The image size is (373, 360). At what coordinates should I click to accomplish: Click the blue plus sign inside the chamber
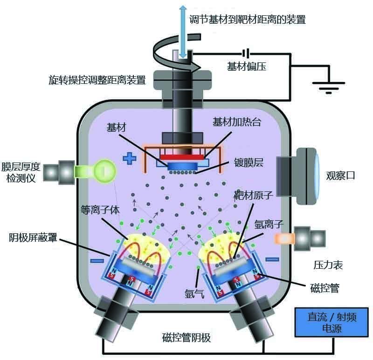click(129, 159)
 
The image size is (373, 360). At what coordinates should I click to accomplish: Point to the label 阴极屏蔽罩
click(33, 238)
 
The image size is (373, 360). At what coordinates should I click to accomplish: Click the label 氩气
click(194, 293)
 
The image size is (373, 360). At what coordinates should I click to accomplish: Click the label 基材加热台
click(235, 122)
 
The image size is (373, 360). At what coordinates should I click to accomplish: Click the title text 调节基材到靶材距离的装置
click(248, 19)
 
